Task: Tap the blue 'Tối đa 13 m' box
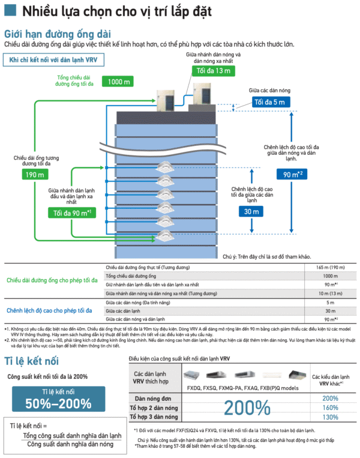[x=213, y=71]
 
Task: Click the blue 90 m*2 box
[x=292, y=175]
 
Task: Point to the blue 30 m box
[x=250, y=211]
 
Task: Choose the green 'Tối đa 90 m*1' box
[x=71, y=212]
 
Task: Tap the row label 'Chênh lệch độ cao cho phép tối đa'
[x=49, y=310]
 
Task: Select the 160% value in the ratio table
[x=330, y=408]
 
